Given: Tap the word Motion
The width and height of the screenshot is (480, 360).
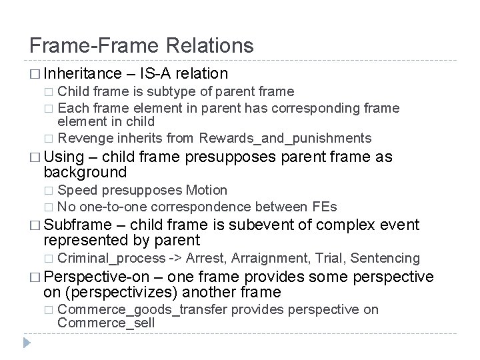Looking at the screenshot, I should (x=207, y=190).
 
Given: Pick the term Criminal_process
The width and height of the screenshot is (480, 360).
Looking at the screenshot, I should (x=111, y=258).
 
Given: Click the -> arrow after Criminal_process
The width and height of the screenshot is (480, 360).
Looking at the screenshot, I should (x=176, y=258).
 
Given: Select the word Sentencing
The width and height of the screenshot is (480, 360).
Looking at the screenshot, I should (x=385, y=258).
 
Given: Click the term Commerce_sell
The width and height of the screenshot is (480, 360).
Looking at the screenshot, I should (x=106, y=323).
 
